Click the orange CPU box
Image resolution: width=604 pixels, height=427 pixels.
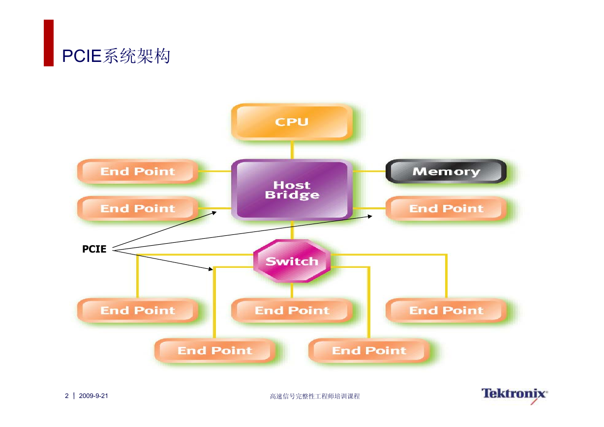click(292, 122)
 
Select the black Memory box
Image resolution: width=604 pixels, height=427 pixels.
click(446, 171)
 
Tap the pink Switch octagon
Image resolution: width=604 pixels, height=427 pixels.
click(292, 261)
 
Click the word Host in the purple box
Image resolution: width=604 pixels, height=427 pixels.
click(292, 185)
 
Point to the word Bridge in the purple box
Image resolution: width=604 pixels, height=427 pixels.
click(292, 195)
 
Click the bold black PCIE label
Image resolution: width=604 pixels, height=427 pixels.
click(94, 249)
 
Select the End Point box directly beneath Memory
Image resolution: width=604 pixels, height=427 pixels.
click(446, 208)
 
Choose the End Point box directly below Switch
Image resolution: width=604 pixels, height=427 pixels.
click(292, 311)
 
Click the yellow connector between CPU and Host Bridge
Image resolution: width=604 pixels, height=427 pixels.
click(292, 150)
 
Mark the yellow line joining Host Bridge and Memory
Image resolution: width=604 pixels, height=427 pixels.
click(369, 171)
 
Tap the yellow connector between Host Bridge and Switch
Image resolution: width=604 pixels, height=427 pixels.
click(292, 230)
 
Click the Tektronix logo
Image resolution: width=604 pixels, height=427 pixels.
click(514, 396)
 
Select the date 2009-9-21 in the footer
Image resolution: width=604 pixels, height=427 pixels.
click(93, 396)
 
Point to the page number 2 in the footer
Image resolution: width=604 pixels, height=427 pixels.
click(66, 396)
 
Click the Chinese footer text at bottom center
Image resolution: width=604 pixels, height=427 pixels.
click(315, 396)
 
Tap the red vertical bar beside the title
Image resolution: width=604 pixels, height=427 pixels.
click(49, 43)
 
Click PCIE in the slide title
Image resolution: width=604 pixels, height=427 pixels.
click(82, 56)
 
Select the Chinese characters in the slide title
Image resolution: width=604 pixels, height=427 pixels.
click(136, 56)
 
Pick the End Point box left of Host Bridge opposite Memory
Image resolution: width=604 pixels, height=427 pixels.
click(138, 171)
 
